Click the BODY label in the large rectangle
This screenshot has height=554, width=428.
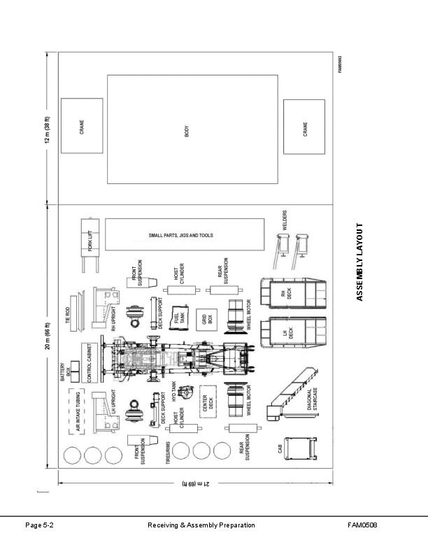tap(187, 131)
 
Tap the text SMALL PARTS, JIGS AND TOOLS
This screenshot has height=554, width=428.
tap(181, 235)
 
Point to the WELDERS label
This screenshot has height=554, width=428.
tap(285, 220)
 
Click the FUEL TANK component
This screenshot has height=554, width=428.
tap(179, 318)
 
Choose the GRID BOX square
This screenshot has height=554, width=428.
tap(206, 320)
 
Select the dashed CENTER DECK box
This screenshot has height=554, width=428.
tap(208, 402)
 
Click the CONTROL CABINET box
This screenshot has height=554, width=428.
tap(90, 363)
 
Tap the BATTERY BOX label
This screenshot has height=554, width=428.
tap(65, 371)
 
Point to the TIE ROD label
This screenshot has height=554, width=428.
tap(67, 315)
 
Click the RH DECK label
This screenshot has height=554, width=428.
tap(286, 294)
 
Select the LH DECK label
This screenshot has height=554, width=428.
tap(288, 333)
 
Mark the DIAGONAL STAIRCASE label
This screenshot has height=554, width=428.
tap(312, 399)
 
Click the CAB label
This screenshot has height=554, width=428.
tap(280, 448)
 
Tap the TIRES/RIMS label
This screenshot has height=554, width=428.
tap(168, 453)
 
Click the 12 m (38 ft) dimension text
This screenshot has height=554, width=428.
tap(48, 130)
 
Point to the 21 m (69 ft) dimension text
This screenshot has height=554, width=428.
tap(196, 483)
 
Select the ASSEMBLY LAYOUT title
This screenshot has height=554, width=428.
tap(359, 262)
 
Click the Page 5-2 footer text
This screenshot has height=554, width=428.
tap(40, 525)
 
